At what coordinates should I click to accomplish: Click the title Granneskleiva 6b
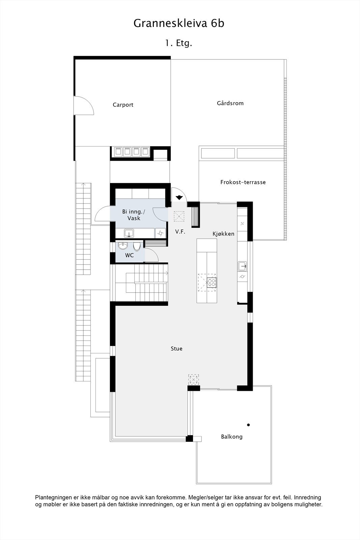(x=179, y=23)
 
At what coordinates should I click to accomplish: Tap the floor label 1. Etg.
(x=178, y=43)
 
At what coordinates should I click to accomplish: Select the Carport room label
(x=123, y=105)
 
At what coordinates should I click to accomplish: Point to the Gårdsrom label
(x=230, y=103)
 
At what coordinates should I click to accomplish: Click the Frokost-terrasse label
(x=243, y=182)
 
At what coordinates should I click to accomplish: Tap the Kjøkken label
(x=223, y=234)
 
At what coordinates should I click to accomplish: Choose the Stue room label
(x=176, y=349)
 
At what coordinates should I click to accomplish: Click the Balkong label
(x=232, y=437)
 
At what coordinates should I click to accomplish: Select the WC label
(x=130, y=255)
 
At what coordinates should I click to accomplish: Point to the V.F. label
(x=180, y=232)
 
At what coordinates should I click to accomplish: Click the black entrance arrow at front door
(x=179, y=197)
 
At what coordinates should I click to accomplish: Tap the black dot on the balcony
(x=248, y=425)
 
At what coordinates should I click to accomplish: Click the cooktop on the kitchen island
(x=212, y=282)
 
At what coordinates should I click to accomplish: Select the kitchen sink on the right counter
(x=242, y=266)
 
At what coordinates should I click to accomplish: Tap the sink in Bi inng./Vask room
(x=129, y=233)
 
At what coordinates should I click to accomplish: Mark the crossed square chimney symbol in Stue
(x=193, y=379)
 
